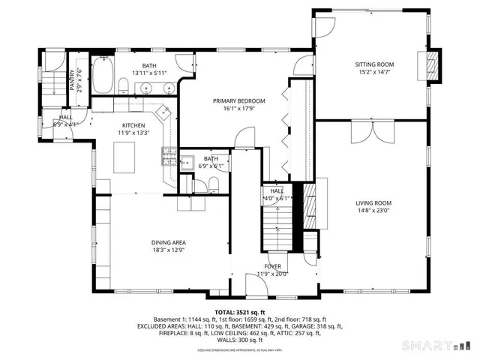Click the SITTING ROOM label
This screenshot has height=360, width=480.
click(374, 64)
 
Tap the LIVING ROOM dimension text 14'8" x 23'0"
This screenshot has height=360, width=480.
click(373, 211)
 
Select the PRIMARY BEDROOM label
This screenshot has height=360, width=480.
click(239, 100)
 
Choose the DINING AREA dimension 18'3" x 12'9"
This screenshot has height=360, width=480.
click(169, 251)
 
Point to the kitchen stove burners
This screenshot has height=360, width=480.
click(169, 158)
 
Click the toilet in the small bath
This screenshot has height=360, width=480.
click(214, 183)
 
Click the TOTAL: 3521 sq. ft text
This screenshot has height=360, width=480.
click(240, 311)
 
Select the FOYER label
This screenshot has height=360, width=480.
click(271, 265)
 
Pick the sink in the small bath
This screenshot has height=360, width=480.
click(188, 160)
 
